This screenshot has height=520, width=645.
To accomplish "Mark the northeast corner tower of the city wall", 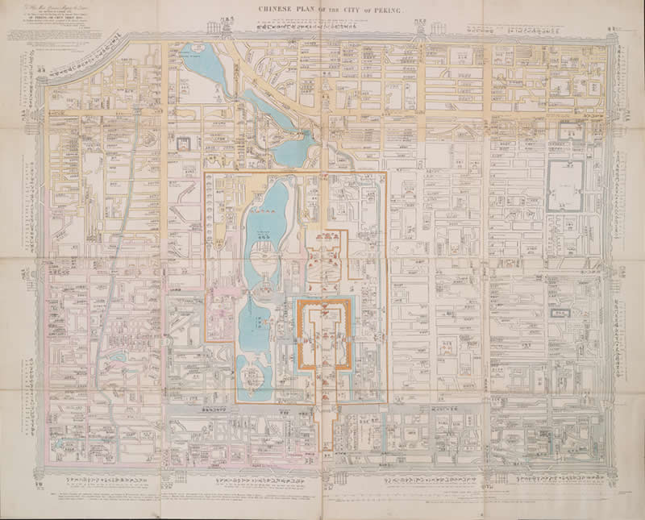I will click(x=610, y=40).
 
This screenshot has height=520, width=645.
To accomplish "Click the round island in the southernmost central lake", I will click(x=257, y=373).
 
